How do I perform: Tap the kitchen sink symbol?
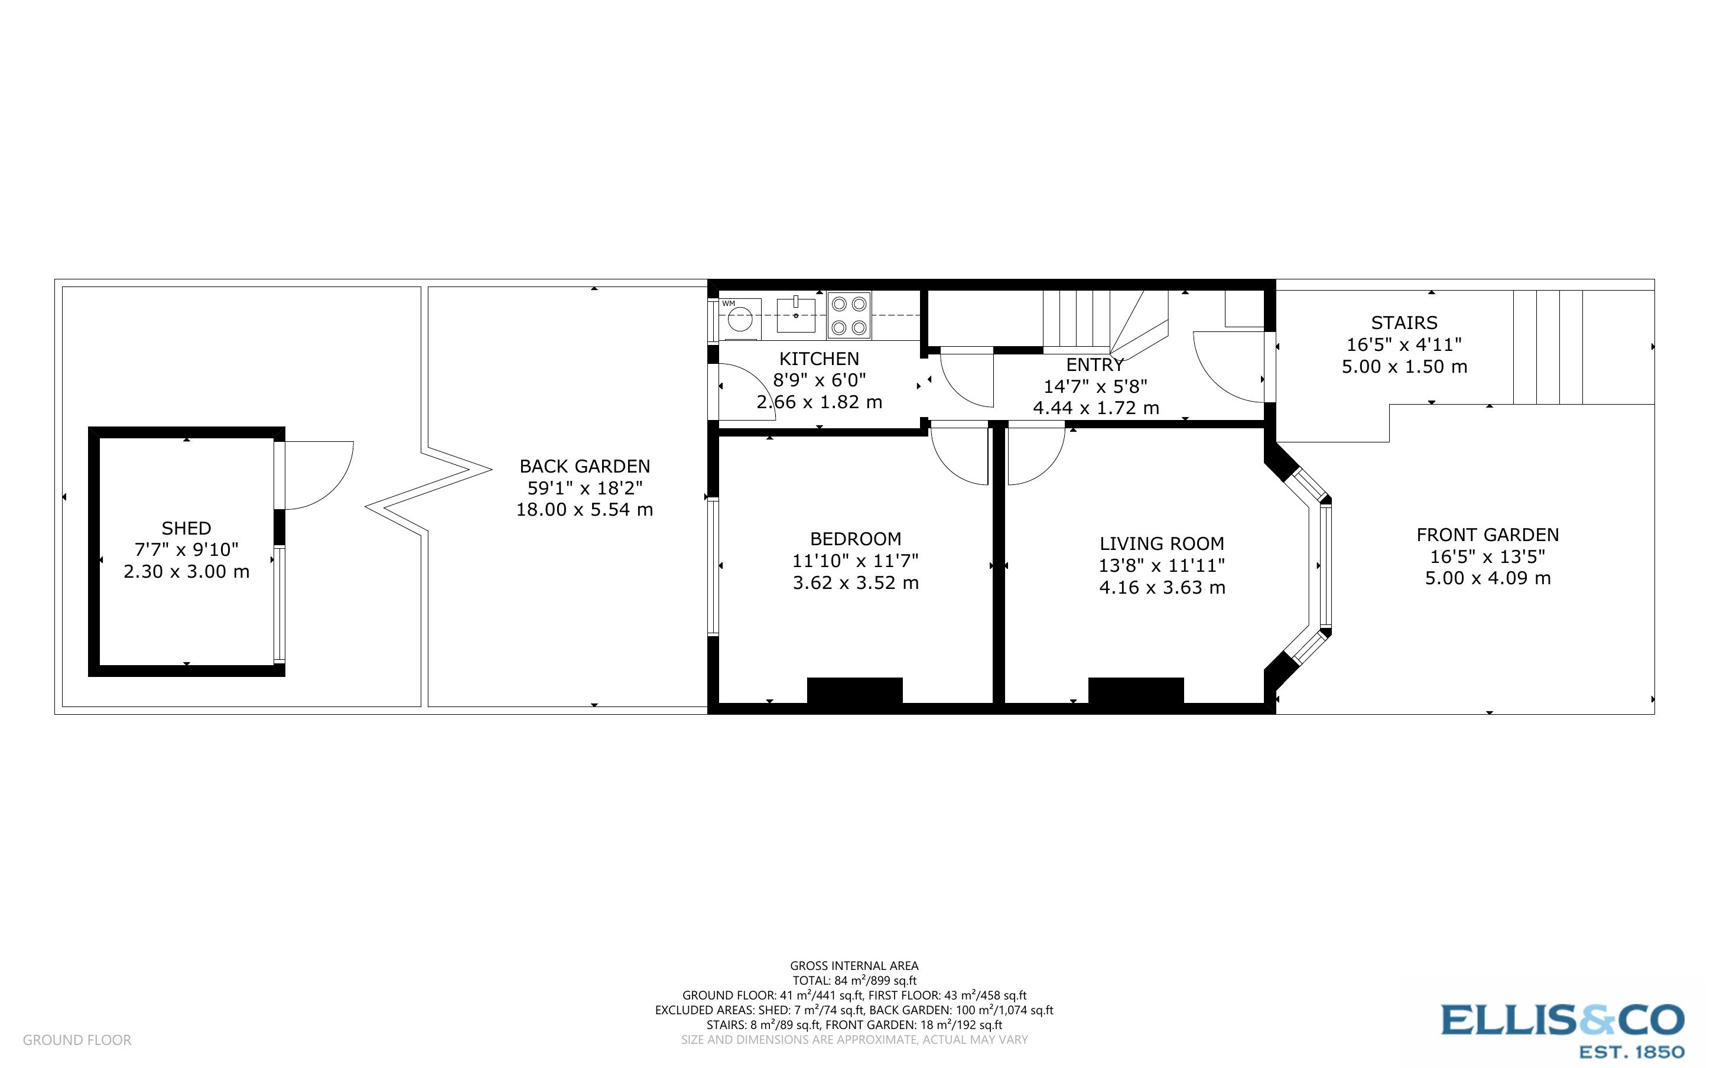coord(795,315)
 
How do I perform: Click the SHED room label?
coord(187,528)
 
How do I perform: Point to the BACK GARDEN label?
coord(585,466)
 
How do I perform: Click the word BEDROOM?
coord(856,539)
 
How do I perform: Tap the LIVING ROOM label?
coord(1162,544)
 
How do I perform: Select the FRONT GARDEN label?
coord(1487,535)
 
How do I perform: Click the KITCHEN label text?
coord(820,359)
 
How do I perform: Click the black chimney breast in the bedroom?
coord(854,690)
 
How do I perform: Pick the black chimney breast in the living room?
coord(1136,690)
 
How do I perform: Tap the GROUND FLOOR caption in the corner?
coord(77,1040)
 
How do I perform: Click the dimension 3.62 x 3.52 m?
coord(856,583)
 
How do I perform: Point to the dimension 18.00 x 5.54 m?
coord(585,509)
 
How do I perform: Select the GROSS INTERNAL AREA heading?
coord(854,966)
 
